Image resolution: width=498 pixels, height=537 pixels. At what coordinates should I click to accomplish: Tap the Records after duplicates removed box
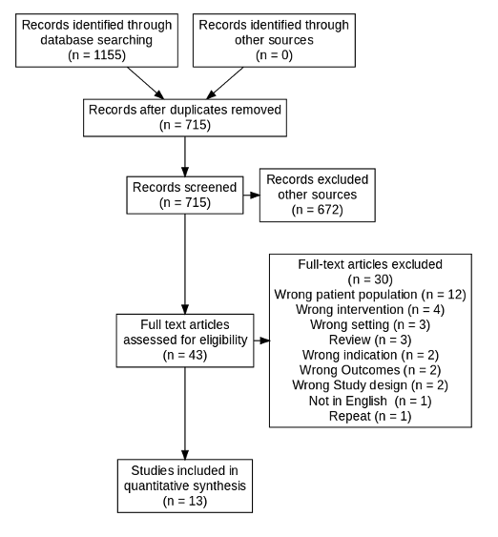point(185,116)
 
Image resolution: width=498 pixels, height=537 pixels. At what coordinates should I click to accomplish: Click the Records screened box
point(185,195)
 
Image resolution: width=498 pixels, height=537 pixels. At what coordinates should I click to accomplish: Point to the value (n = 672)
point(317,210)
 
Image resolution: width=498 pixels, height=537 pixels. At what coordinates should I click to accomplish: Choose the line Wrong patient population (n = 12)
point(369,294)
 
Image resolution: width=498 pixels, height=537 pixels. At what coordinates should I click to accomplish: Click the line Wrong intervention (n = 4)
point(369,309)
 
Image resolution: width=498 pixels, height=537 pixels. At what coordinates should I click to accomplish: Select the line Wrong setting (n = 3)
point(369,324)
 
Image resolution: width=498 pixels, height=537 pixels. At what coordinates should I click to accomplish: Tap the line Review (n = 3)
point(369,340)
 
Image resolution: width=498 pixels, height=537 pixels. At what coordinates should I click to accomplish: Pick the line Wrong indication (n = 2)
point(369,355)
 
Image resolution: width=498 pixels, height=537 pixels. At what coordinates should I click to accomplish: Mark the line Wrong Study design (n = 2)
point(369,385)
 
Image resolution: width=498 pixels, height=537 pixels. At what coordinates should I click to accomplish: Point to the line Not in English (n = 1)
point(369,401)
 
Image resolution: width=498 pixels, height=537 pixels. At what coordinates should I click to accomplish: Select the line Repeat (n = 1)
point(369,416)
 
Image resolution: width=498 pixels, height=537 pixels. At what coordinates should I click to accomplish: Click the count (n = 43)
point(185,355)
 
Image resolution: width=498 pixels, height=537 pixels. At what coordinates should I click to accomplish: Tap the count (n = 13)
point(185,500)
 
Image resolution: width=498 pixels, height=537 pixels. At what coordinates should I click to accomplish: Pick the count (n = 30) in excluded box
point(369,279)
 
